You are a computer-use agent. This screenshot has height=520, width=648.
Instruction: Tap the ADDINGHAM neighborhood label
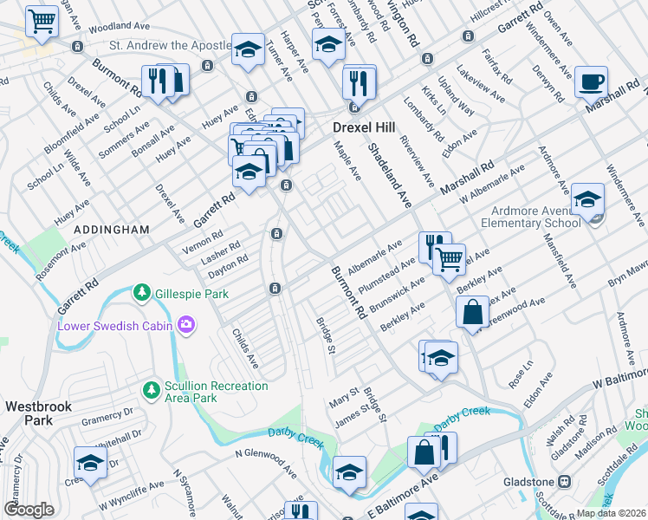tap(112, 230)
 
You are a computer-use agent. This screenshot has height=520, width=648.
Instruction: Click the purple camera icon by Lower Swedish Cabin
tap(185, 326)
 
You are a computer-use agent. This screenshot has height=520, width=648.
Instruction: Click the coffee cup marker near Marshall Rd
tap(591, 82)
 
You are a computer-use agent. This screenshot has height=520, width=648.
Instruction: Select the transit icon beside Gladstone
tap(564, 480)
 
